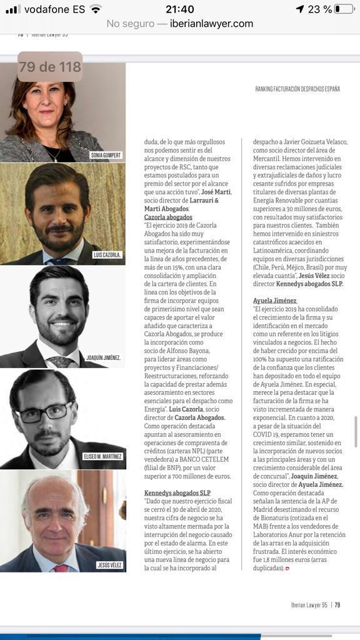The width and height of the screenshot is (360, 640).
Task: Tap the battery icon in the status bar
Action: pyautogui.click(x=343, y=9)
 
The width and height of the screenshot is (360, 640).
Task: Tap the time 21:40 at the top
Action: pyautogui.click(x=179, y=9)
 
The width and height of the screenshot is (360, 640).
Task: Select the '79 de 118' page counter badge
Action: pyautogui.click(x=50, y=67)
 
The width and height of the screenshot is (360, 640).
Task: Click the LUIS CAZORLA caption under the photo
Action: pyautogui.click(x=107, y=255)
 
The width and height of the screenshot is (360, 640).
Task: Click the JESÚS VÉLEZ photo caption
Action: pyautogui.click(x=109, y=565)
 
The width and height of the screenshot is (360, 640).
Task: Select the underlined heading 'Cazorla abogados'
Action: pyautogui.click(x=168, y=217)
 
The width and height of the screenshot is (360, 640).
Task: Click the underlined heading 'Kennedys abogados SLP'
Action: pyautogui.click(x=177, y=492)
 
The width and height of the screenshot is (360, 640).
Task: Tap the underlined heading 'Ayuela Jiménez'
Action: pyautogui.click(x=275, y=301)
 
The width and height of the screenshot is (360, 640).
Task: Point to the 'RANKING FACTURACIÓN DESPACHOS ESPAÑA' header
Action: pyautogui.click(x=297, y=89)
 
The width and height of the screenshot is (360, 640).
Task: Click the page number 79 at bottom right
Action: pyautogui.click(x=337, y=604)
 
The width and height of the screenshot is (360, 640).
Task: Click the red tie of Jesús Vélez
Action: pyautogui.click(x=61, y=567)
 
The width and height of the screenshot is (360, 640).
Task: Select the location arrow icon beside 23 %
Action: pyautogui.click(x=299, y=9)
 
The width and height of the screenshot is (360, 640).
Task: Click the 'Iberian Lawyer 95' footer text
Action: pyautogui.click(x=310, y=604)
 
